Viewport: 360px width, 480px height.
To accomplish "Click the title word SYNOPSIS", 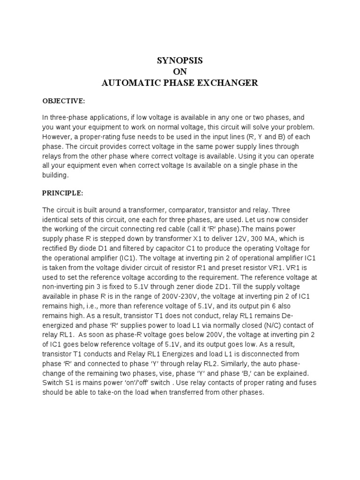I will [180, 61].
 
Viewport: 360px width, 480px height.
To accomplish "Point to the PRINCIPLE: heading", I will [63, 193].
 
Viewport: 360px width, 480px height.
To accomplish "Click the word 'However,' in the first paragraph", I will [58, 136].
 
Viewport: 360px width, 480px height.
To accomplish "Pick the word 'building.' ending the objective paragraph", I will [55, 175].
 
